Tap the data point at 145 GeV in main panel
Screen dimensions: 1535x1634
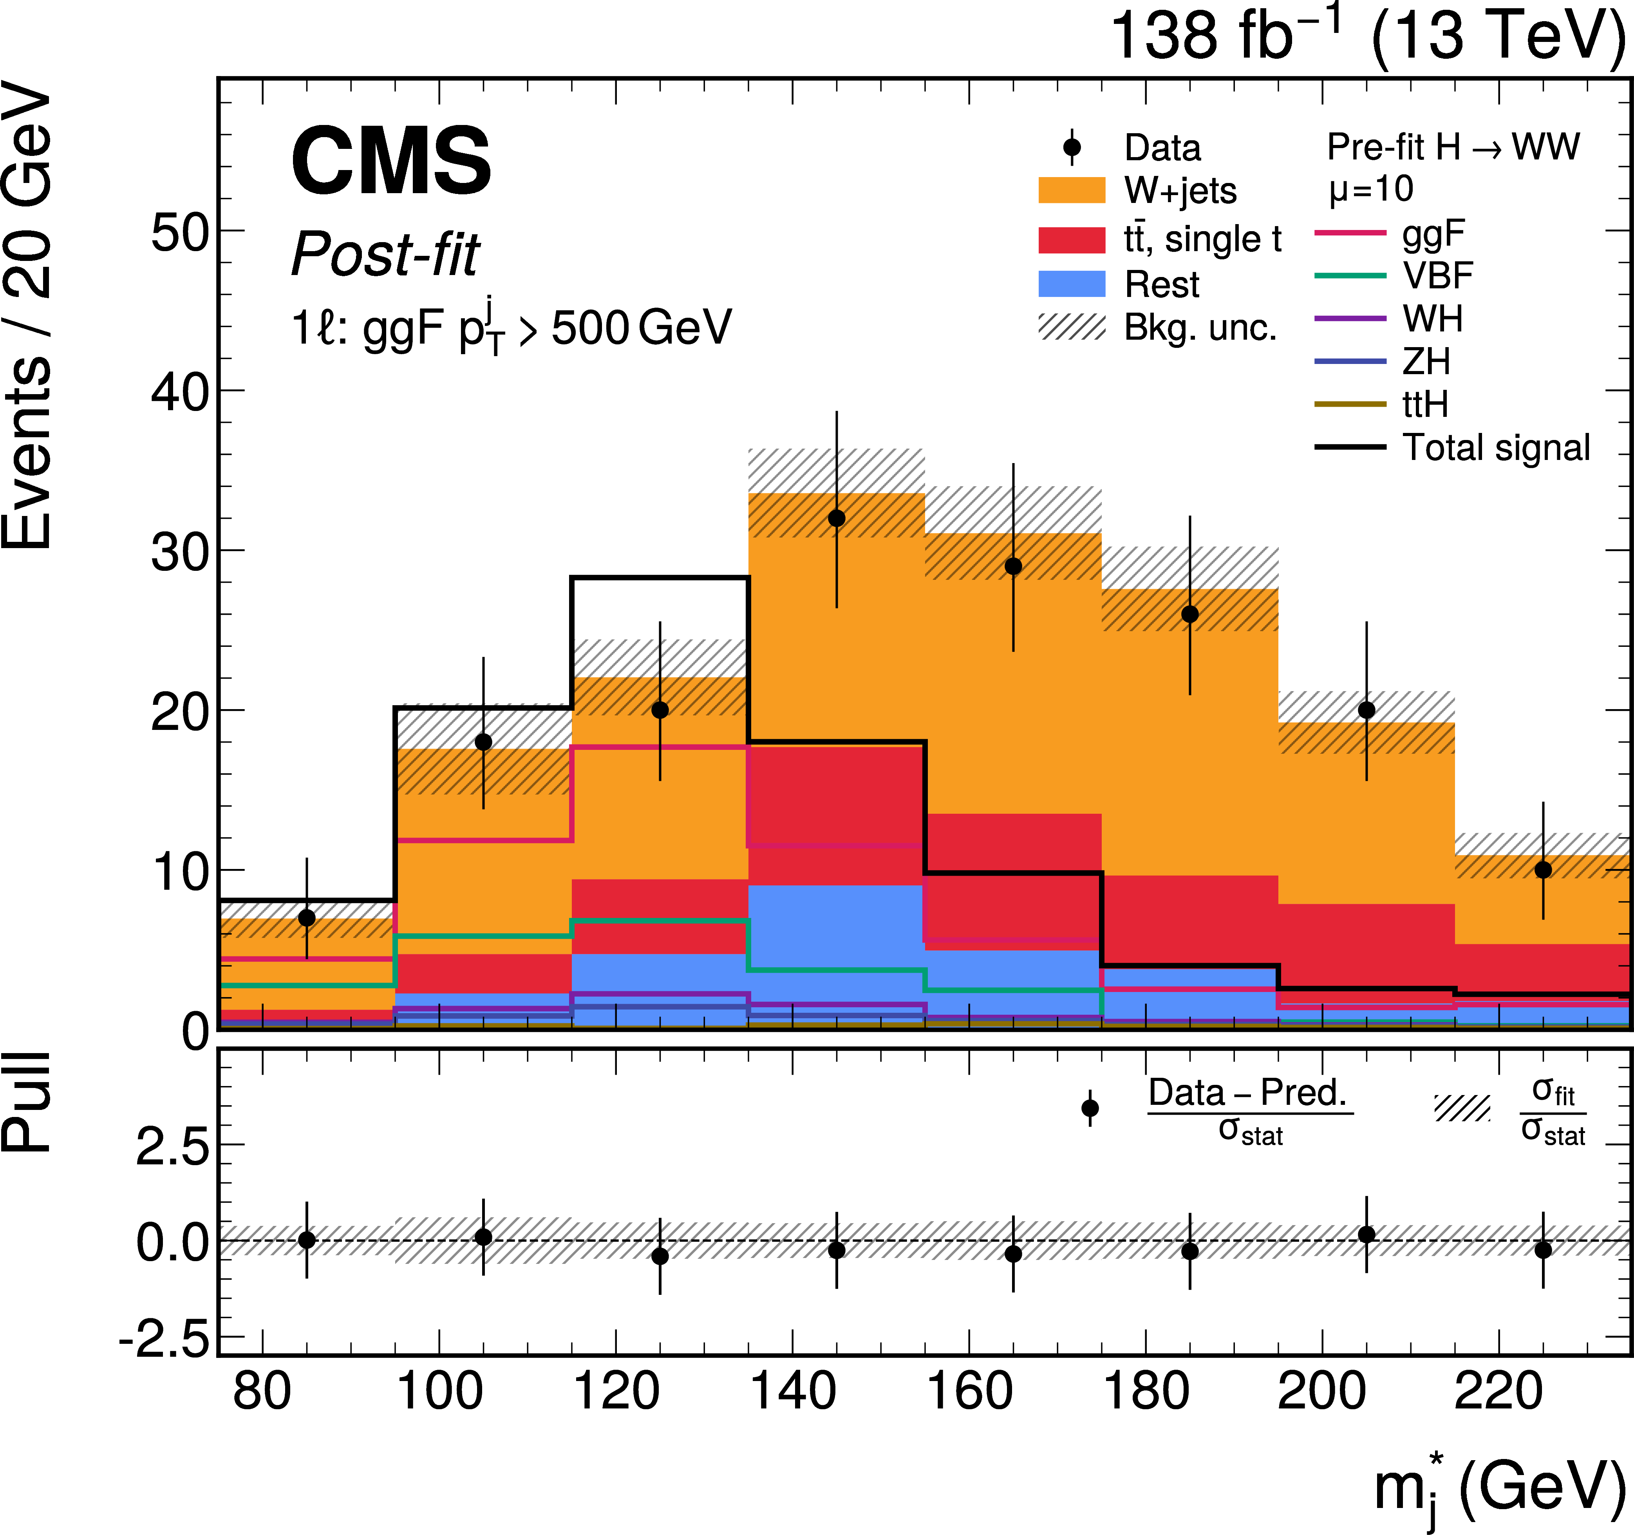click(x=837, y=518)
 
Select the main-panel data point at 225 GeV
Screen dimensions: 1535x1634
click(x=1543, y=870)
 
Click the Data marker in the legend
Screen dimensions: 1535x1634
click(x=1072, y=147)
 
